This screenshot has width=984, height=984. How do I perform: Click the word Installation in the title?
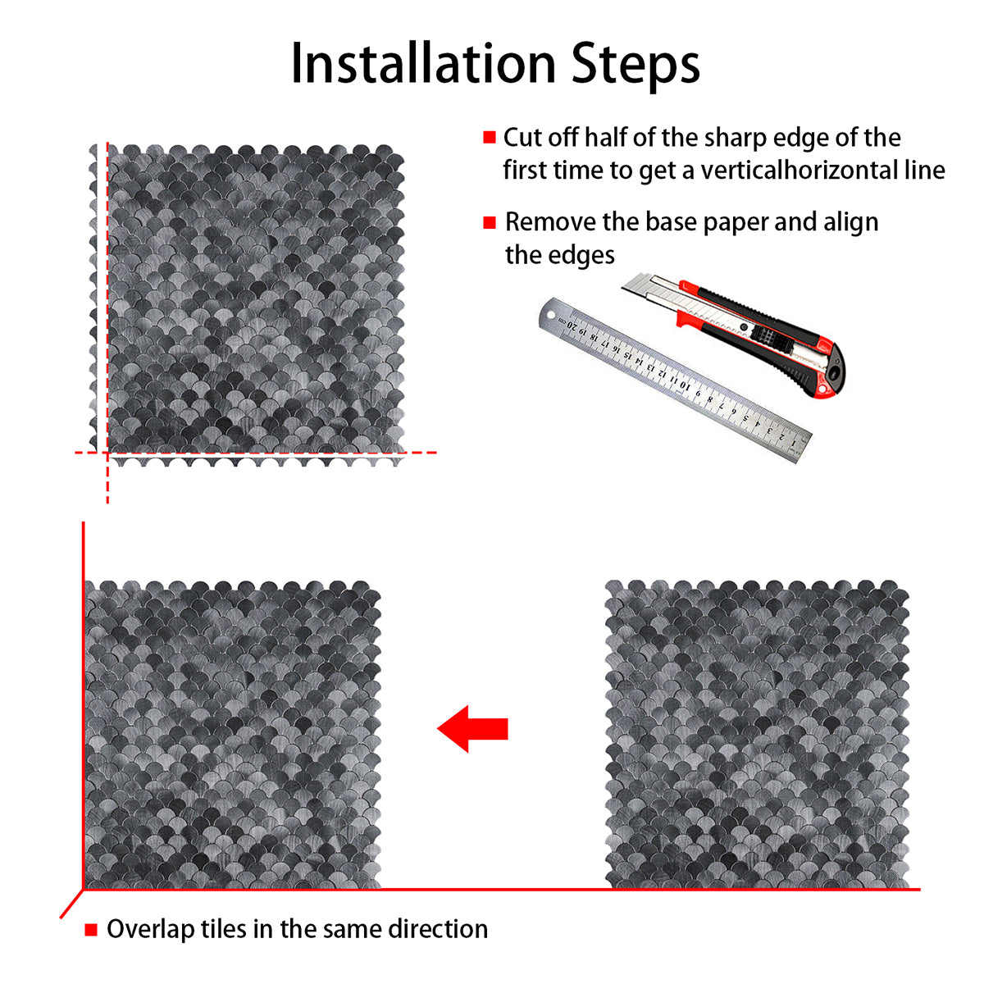423,64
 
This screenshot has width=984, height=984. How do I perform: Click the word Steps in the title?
635,66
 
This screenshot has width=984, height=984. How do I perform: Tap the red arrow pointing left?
472,729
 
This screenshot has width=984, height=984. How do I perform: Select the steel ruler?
675,380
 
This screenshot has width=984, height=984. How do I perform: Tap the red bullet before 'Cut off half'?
490,138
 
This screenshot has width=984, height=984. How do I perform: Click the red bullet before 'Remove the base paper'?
490,222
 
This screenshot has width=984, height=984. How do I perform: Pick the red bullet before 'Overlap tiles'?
91,929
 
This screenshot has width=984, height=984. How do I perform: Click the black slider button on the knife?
764,336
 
